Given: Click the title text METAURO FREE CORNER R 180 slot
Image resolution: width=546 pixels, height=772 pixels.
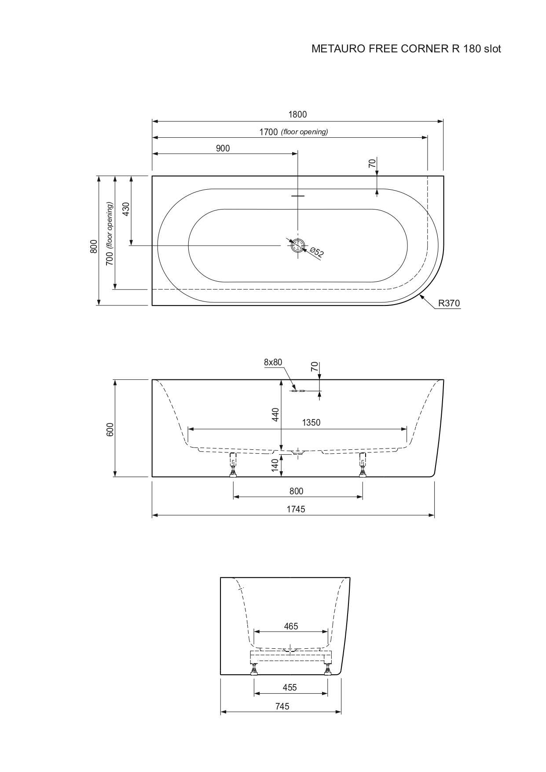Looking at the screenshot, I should tap(406, 49).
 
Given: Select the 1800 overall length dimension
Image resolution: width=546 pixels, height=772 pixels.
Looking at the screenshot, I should tap(297, 114).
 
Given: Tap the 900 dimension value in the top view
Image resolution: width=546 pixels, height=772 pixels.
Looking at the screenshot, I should tap(223, 148).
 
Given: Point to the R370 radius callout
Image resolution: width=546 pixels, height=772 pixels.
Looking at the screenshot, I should tap(448, 303).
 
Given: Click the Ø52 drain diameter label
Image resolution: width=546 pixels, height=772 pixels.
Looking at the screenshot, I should tap(317, 252).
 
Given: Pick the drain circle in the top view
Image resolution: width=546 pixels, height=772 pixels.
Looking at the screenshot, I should tap(298, 245).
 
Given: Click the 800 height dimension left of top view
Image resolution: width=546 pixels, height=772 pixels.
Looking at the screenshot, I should tap(93, 246).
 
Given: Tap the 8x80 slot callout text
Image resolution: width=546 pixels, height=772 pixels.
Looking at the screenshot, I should tap(273, 362).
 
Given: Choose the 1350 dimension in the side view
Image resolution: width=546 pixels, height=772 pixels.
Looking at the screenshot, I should tap(311, 423).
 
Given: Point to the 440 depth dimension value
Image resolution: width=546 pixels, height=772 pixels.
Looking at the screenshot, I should tap(276, 415).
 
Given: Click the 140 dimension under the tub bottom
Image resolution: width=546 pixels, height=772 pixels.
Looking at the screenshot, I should tap(276, 466).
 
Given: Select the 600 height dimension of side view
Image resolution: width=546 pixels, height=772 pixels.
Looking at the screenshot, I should tap(110, 429).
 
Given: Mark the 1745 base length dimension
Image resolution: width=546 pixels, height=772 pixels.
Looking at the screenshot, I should tap(296, 509).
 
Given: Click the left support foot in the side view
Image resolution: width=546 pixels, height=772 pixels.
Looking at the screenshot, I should tap(233, 465).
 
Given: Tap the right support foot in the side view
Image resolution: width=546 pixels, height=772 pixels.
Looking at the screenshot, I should tap(363, 465).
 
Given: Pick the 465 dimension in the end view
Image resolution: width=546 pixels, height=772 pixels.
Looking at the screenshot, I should tap(291, 626).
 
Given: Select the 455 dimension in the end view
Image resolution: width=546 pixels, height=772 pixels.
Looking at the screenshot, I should tap(289, 687).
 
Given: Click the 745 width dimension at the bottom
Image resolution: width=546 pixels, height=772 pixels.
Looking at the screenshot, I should tap(282, 706).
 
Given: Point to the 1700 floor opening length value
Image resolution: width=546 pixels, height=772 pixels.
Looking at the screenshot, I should tap(268, 132).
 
